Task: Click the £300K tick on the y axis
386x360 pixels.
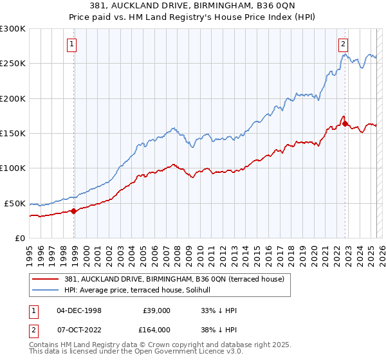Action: tap(13, 29)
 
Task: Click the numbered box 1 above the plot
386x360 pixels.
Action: tap(71, 44)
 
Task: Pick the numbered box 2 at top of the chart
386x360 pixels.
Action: tap(344, 44)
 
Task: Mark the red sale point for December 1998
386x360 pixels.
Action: tap(74, 210)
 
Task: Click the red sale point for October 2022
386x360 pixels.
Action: tap(345, 123)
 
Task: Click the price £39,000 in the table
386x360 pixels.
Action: tap(156, 310)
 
